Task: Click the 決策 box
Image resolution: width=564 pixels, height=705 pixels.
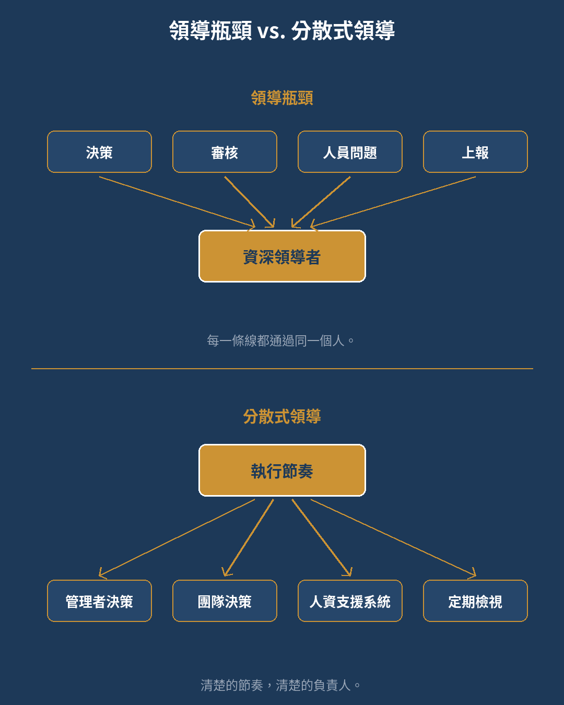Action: pyautogui.click(x=99, y=151)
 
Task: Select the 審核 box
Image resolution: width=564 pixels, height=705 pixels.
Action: pyautogui.click(x=225, y=151)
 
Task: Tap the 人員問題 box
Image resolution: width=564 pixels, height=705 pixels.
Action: pyautogui.click(x=350, y=151)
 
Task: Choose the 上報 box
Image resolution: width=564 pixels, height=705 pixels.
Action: pyautogui.click(x=475, y=151)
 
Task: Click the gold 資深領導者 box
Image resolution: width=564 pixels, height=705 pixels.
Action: pyautogui.click(x=282, y=256)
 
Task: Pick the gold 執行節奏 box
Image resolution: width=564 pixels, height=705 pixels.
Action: pyautogui.click(x=282, y=470)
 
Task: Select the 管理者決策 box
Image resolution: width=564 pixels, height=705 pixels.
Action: pyautogui.click(x=99, y=601)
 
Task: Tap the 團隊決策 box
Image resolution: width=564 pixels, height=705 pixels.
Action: pyautogui.click(x=225, y=601)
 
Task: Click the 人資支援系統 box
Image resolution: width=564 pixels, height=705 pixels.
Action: pyautogui.click(x=350, y=601)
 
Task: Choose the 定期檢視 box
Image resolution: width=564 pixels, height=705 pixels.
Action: pyautogui.click(x=475, y=601)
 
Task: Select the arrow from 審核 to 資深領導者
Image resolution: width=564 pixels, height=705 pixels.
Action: pyautogui.click(x=250, y=202)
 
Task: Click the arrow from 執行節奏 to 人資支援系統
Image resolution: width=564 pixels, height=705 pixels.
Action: pyautogui.click(x=322, y=537)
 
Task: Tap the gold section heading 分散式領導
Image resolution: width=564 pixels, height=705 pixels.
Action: pyautogui.click(x=282, y=417)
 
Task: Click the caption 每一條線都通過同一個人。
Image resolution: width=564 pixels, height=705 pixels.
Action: pyautogui.click(x=280, y=340)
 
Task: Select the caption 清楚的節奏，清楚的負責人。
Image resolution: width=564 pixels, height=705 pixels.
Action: pyautogui.click(x=280, y=685)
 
